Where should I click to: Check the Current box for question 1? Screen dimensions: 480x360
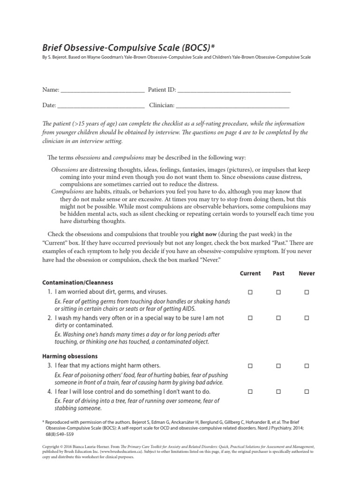[x=250, y=292]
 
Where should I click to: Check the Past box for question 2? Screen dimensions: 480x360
[x=278, y=318]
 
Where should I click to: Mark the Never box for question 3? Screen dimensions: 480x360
[x=307, y=366]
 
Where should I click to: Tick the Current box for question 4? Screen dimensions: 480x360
[x=250, y=391]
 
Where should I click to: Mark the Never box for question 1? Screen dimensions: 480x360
[x=307, y=292]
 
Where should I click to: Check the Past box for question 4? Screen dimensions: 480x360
[x=278, y=391]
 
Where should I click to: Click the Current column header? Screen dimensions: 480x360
[x=250, y=273]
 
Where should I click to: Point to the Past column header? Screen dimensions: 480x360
[x=278, y=273]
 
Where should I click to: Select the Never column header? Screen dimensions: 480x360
[x=307, y=273]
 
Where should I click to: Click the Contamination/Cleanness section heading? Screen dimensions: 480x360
[x=77, y=283]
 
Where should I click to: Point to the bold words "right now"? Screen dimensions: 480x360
[x=204, y=234]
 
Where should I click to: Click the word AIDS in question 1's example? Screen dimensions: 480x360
[x=189, y=308]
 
